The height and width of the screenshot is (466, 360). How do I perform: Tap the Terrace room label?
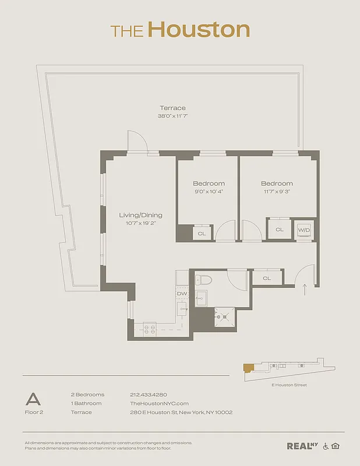coord(172,108)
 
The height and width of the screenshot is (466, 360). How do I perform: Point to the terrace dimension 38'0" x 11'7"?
coord(172,116)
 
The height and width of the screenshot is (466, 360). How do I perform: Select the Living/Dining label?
coord(140,215)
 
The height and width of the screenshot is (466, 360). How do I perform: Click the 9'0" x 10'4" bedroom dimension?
coord(209,191)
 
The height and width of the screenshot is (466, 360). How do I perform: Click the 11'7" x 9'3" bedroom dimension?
coord(277,191)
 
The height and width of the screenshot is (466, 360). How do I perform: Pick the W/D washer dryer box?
coord(303,230)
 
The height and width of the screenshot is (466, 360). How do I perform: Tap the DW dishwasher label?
coord(181,294)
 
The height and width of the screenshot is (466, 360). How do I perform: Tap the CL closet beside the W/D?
coord(279,230)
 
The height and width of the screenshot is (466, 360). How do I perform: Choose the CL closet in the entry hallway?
coord(267,278)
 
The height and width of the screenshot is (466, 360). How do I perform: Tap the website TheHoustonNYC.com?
coord(159,403)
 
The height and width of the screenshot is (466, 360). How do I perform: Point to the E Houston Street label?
coord(289,385)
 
